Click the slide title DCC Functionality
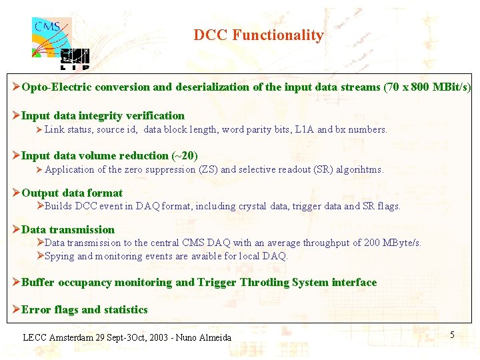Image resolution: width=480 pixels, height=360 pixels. (x=259, y=35)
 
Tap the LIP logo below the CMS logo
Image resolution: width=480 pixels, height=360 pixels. (x=74, y=59)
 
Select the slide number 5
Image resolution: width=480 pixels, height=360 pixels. (x=452, y=335)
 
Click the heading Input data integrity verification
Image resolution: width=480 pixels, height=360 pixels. (x=103, y=115)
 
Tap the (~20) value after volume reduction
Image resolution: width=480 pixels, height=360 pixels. (x=185, y=155)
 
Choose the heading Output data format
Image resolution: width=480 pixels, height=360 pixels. (x=72, y=193)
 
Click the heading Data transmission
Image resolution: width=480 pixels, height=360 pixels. (x=68, y=229)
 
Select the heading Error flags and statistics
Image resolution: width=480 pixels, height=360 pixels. (x=85, y=309)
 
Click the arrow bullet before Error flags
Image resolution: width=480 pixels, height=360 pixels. (x=17, y=309)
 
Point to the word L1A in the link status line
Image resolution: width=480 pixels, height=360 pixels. (x=304, y=129)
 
